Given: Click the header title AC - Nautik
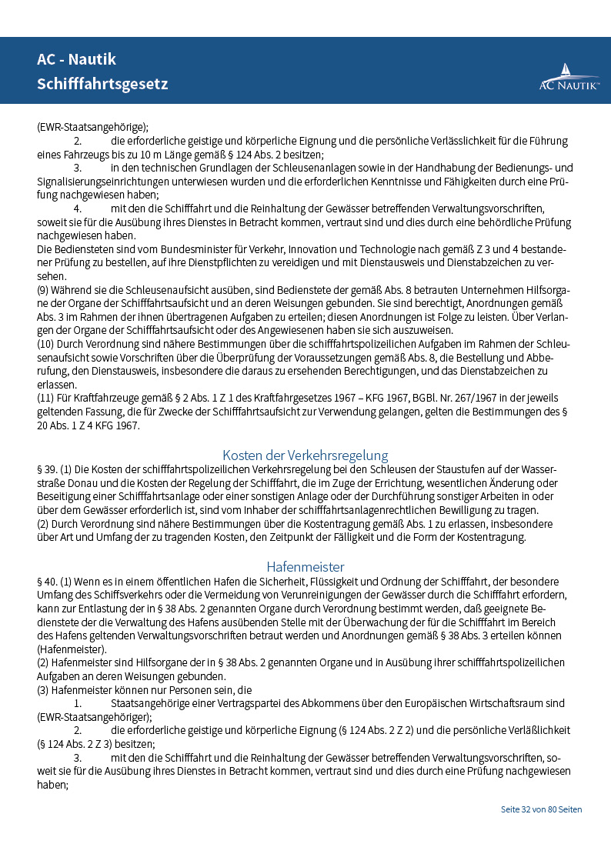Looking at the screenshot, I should [x=76, y=59].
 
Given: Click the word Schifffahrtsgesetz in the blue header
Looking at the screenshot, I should [x=102, y=83].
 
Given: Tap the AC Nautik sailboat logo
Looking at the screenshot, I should [x=569, y=77].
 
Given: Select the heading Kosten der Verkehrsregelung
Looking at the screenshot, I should [x=305, y=455].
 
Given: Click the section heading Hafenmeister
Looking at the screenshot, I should [x=305, y=567].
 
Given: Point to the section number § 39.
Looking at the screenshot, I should [x=46, y=469].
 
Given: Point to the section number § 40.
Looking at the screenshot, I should [x=46, y=582].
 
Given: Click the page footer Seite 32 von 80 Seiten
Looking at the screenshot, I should [x=541, y=809].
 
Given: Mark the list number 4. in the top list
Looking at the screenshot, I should [x=78, y=208].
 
